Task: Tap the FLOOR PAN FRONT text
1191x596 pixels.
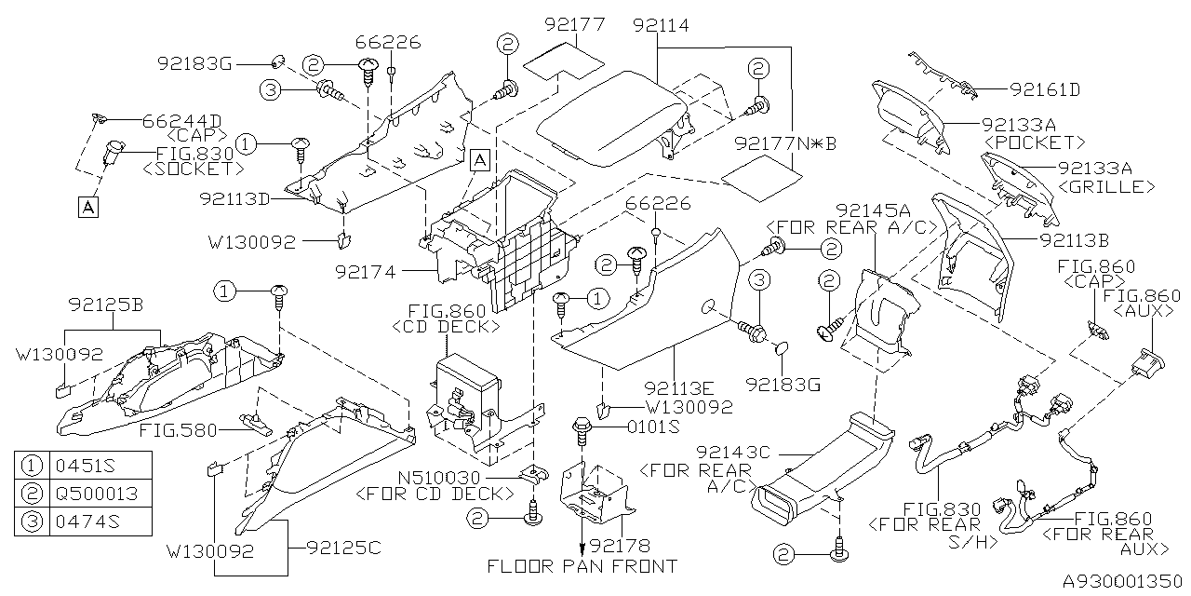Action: (582, 566)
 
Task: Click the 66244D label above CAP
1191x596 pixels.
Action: (181, 120)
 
